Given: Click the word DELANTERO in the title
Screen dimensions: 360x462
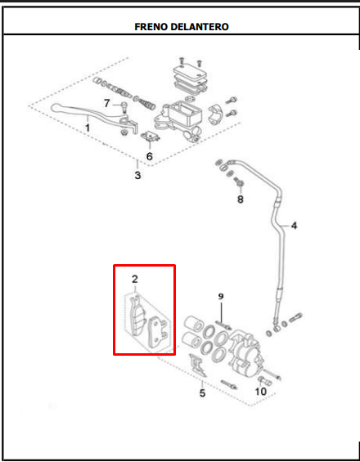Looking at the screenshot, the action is point(200,27).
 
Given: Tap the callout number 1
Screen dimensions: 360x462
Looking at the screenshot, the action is point(88,128).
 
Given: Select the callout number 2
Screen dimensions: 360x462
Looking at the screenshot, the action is point(135,279).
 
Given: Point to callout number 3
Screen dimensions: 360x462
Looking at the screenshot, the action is point(137,175).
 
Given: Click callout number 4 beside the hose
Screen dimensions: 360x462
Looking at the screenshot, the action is point(294,226).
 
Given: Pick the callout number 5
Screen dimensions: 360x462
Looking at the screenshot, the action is point(202,393).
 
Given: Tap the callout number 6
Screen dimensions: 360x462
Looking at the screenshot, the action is point(150,156).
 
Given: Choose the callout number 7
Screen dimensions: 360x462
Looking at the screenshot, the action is point(106,103).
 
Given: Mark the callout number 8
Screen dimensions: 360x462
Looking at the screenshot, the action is point(241,200).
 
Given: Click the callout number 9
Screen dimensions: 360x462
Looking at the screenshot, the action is point(221,296).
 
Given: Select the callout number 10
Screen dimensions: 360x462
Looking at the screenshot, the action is point(261,392).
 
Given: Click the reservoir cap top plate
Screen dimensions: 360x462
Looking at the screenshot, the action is point(189,72).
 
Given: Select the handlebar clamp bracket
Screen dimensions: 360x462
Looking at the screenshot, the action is point(216,114).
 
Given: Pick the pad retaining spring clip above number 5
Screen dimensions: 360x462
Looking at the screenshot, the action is point(198,366).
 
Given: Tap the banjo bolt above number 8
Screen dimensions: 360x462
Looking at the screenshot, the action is point(239,182).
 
